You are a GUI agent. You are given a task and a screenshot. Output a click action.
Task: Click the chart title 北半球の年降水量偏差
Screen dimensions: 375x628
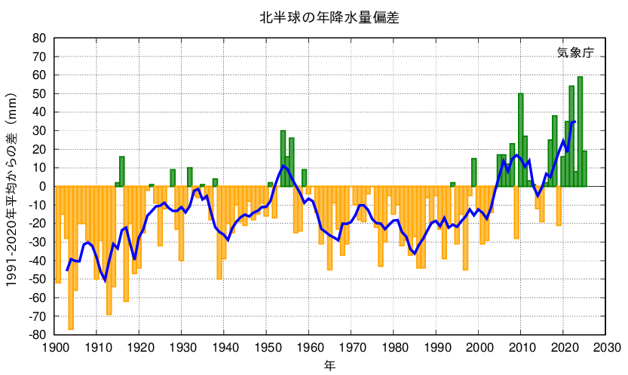pos(329,17)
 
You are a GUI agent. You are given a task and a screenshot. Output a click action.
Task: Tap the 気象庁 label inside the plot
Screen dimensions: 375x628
pos(575,53)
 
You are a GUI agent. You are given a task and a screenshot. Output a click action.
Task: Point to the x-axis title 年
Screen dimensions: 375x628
pos(330,366)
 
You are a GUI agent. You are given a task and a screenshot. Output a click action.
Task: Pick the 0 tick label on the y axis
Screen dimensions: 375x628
pos(44,187)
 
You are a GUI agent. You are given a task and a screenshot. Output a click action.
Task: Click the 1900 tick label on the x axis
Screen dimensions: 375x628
pos(55,348)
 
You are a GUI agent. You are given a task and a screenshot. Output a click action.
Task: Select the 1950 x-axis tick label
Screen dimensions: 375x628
pos(268,348)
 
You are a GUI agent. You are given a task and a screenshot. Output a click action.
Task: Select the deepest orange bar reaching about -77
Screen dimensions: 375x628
pos(71,256)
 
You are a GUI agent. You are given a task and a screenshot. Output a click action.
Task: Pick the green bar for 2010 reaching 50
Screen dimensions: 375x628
pos(521,139)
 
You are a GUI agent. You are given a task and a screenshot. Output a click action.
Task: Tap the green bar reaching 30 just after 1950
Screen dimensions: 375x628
pos(283,158)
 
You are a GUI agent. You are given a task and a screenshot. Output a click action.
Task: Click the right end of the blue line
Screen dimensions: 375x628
pos(575,121)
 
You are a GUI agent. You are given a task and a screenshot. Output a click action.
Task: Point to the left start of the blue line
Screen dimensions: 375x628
pos(67,270)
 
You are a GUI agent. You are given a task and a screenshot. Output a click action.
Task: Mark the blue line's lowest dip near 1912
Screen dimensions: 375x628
pos(105,280)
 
